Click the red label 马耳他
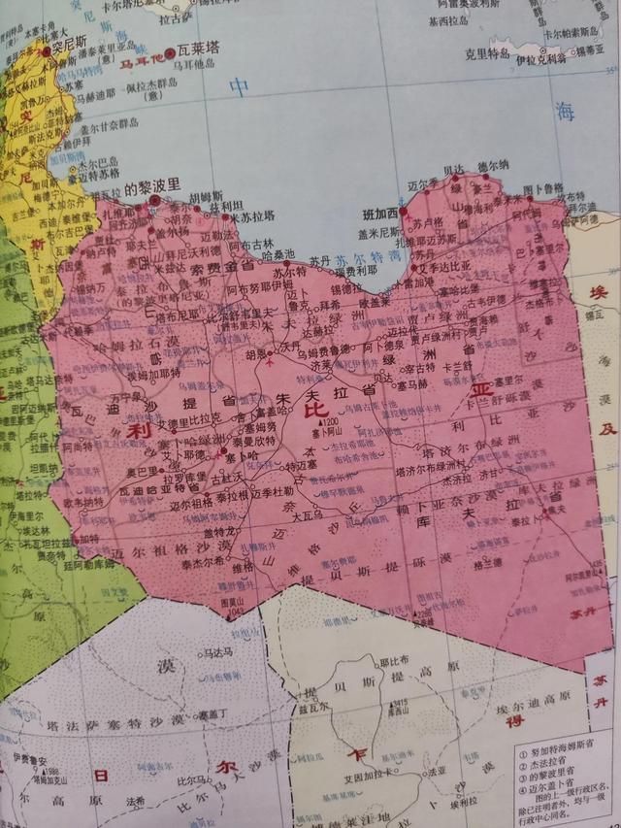coord(141,62)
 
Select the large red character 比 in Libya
coord(316,411)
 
